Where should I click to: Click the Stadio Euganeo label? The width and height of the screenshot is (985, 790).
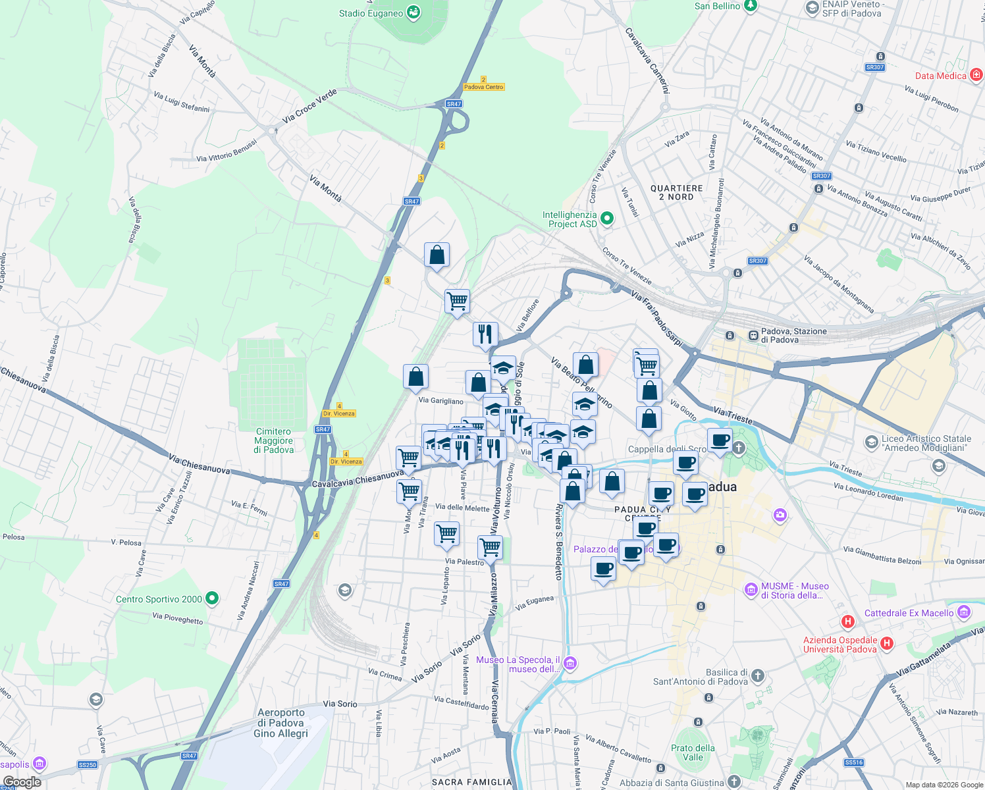[x=371, y=13]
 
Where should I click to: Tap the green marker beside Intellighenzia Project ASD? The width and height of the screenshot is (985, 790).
[x=607, y=219]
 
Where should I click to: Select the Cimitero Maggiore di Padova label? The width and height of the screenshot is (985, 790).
[x=273, y=440]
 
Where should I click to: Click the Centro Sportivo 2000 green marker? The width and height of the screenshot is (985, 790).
[x=212, y=598]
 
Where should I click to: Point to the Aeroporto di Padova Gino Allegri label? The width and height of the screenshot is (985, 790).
[x=281, y=723]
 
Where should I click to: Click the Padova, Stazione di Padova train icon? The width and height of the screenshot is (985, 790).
[x=753, y=335]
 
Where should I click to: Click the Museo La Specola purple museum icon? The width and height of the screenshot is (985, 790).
[x=570, y=663]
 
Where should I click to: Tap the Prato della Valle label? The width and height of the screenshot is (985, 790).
[x=692, y=752]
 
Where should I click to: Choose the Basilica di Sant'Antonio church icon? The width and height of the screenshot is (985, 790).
[x=758, y=675]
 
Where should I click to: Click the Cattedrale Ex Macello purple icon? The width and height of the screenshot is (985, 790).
[x=964, y=612]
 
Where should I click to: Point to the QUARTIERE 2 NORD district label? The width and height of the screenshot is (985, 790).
[x=676, y=192]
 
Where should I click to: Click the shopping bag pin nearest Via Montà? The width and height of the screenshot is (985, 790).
[x=437, y=255]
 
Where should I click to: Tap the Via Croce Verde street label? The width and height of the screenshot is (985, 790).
[x=309, y=106]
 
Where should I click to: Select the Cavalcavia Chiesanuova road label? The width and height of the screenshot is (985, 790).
[x=358, y=479]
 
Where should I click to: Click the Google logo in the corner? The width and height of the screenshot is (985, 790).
[x=22, y=782]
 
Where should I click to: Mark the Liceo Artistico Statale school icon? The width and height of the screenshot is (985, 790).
[x=872, y=441]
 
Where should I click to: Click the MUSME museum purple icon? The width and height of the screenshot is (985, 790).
[x=751, y=589]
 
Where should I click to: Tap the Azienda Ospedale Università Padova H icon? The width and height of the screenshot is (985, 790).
[x=887, y=643]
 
